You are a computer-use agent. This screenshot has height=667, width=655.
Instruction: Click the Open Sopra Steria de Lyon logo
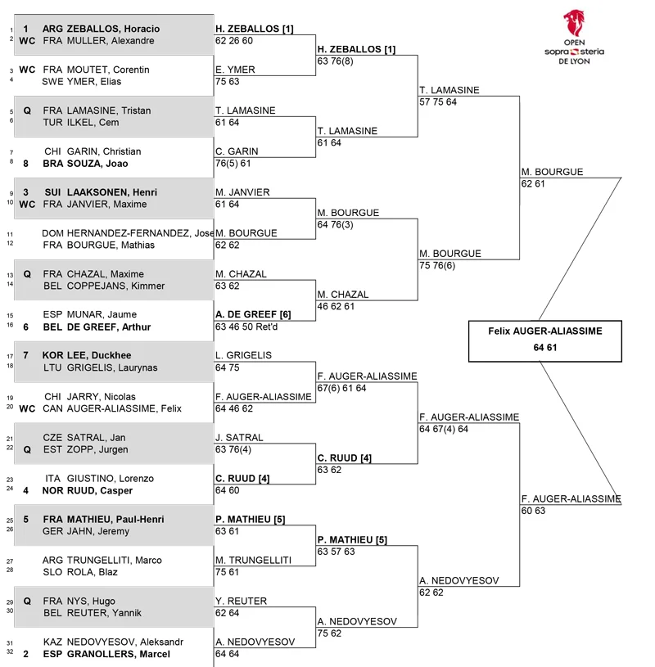pyautogui.click(x=574, y=38)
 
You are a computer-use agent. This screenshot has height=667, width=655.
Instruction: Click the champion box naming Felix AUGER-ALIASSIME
pyautogui.click(x=544, y=341)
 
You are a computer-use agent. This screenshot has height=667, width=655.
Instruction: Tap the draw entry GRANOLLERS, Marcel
pyautogui.click(x=119, y=654)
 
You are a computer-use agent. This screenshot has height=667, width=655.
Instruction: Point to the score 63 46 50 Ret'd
pyautogui.click(x=246, y=327)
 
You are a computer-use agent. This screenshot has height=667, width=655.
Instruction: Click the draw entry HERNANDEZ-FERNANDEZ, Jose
pyautogui.click(x=141, y=233)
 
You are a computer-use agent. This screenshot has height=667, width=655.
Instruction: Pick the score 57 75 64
pyautogui.click(x=438, y=102)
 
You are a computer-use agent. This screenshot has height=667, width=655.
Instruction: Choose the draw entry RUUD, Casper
pyautogui.click(x=100, y=490)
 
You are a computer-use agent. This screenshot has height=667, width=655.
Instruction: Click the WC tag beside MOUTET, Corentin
pyautogui.click(x=27, y=70)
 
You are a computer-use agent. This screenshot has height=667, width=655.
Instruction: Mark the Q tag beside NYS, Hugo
pyautogui.click(x=27, y=601)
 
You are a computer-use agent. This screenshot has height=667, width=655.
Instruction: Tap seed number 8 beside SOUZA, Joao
pyautogui.click(x=25, y=164)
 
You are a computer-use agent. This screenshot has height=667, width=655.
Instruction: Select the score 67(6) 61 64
pyautogui.click(x=341, y=388)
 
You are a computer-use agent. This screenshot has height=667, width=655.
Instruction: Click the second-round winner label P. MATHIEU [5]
pyautogui.click(x=352, y=540)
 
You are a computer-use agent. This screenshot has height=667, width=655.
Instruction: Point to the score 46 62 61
pyautogui.click(x=336, y=306)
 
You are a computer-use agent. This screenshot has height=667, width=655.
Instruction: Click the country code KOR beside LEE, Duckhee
pyautogui.click(x=52, y=355)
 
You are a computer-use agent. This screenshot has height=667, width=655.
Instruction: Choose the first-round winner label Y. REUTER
pyautogui.click(x=241, y=601)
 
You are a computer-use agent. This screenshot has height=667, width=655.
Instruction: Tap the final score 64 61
pyautogui.click(x=544, y=348)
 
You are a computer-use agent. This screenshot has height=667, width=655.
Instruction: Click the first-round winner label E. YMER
pyautogui.click(x=235, y=70)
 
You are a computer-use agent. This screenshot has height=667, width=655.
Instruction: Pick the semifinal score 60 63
pyautogui.click(x=533, y=511)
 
